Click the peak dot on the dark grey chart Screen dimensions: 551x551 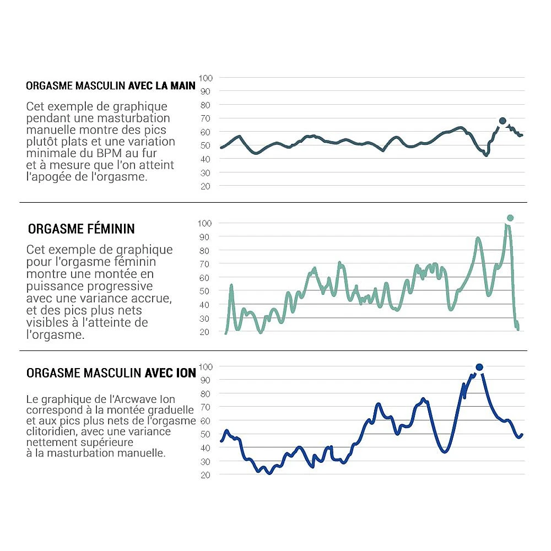coord(503,121)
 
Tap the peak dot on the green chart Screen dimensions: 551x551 coord(510,218)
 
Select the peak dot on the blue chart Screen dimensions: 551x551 coord(479,367)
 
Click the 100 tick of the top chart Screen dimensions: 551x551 coord(205,78)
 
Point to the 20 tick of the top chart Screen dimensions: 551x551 coord(205,186)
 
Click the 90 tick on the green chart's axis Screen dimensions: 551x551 coord(205,236)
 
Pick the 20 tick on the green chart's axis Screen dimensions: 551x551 coord(205,332)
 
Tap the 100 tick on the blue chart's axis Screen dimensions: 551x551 coord(205,366)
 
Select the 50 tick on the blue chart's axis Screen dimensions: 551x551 coord(205,434)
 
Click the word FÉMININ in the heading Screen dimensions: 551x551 coord(105,229)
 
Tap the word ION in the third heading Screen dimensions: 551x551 coord(185,373)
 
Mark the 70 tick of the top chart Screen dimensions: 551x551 coord(205,118)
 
